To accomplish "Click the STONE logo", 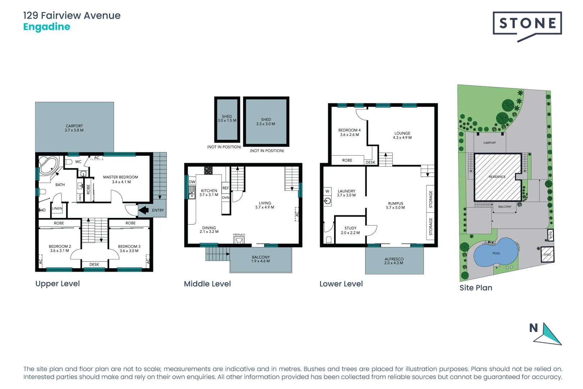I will pyautogui.click(x=527, y=24).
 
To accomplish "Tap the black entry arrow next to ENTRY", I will pyautogui.click(x=144, y=210).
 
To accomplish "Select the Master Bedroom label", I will pyautogui.click(x=121, y=179).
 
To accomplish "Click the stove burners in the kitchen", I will pyautogui.click(x=208, y=170).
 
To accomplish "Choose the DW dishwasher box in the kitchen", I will pyautogui.click(x=192, y=182).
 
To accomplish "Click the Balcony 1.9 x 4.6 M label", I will pyautogui.click(x=261, y=259).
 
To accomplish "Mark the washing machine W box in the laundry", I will pyautogui.click(x=327, y=191).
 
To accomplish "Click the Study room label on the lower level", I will pyautogui.click(x=350, y=230).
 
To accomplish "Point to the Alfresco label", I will pyautogui.click(x=394, y=261).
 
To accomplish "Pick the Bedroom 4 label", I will pyautogui.click(x=349, y=132).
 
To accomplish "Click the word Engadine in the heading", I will pyautogui.click(x=47, y=27).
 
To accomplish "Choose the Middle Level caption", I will pyautogui.click(x=207, y=284).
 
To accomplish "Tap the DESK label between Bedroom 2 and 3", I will pyautogui.click(x=94, y=264).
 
